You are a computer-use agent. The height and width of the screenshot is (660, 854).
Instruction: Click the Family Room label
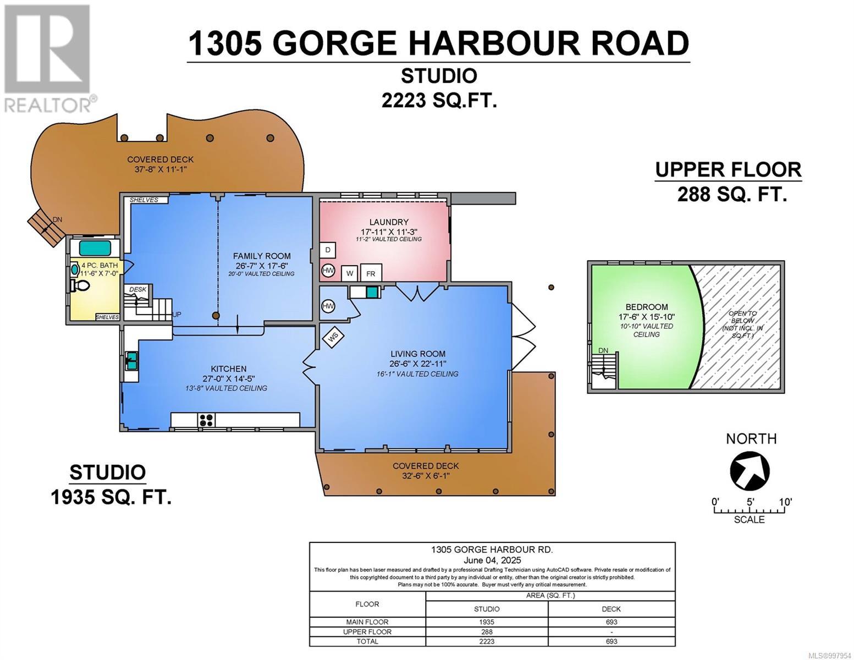pyautogui.click(x=261, y=256)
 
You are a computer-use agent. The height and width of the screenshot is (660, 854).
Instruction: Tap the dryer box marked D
pyautogui.click(x=328, y=250)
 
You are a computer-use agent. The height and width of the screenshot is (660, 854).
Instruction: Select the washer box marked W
pyautogui.click(x=349, y=273)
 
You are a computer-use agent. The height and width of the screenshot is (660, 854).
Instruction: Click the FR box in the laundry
pyautogui.click(x=371, y=273)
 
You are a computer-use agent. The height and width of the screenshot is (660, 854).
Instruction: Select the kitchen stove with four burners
pyautogui.click(x=207, y=420)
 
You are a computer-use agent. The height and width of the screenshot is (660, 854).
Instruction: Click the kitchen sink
pyautogui.click(x=131, y=361)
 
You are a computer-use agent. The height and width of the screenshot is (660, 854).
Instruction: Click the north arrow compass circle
pyautogui.click(x=750, y=471)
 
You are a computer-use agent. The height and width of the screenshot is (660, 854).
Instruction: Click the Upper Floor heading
pyautogui.click(x=728, y=170)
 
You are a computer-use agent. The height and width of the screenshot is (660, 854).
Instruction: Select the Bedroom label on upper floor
pyautogui.click(x=646, y=307)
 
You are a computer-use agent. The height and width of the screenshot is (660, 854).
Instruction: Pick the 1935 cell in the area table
pyautogui.click(x=487, y=621)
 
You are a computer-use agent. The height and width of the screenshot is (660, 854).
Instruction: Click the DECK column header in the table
pyautogui.click(x=611, y=608)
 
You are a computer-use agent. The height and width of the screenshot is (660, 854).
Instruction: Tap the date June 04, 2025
pyautogui.click(x=492, y=559)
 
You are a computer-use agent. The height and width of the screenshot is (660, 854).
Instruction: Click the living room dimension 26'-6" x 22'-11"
pyautogui.click(x=418, y=364)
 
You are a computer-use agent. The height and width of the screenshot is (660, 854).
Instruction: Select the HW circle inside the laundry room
pyautogui.click(x=328, y=271)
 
